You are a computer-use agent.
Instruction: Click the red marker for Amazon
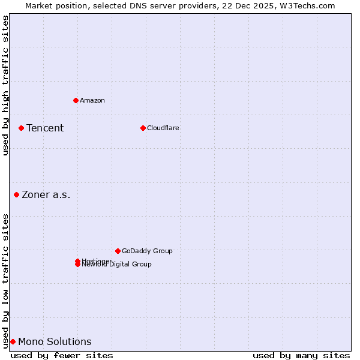click(76, 100)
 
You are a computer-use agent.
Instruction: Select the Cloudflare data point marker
click(143, 128)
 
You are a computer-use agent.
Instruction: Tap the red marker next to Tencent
click(21, 128)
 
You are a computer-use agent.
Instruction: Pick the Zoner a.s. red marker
click(16, 194)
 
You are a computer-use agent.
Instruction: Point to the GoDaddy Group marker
click(118, 251)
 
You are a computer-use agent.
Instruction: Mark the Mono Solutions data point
click(13, 341)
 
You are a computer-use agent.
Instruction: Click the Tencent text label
click(45, 128)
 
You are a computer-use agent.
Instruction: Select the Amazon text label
click(92, 100)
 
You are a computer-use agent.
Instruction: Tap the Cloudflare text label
click(163, 128)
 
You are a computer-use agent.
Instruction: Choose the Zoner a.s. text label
click(46, 194)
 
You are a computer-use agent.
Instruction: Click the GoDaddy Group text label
click(147, 251)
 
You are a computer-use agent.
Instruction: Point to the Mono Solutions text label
click(55, 342)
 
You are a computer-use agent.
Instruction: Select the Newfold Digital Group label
click(117, 265)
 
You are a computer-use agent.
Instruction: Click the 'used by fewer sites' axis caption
click(62, 355)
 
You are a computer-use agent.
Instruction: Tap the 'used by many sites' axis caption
click(301, 355)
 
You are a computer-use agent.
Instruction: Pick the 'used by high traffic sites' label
click(5, 85)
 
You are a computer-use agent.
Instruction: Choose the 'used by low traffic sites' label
click(5, 280)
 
